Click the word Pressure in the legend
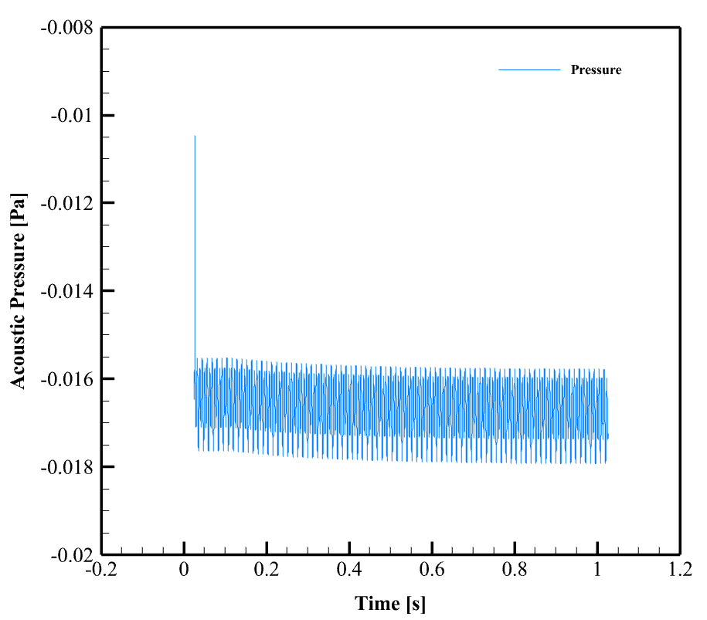tap(596, 70)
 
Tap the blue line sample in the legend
tap(529, 70)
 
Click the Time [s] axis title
tap(390, 603)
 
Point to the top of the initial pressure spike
tap(195, 137)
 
